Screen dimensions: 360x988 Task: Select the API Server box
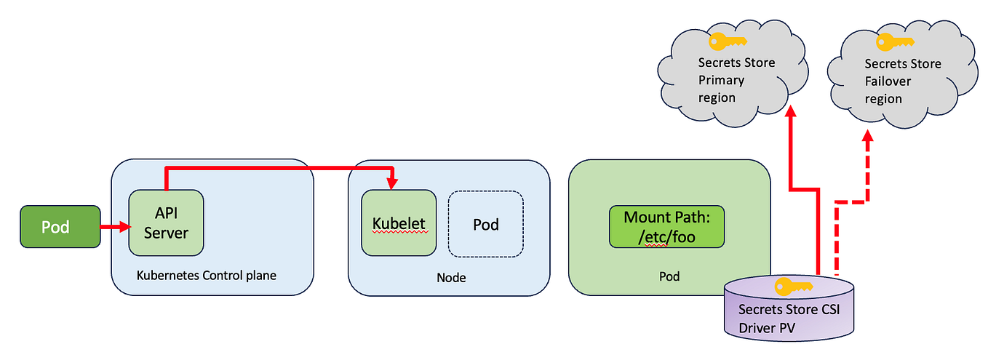166,223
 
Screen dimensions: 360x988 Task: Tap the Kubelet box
399,223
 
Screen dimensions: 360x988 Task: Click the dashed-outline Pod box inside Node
485,224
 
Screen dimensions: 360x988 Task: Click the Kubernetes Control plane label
206,276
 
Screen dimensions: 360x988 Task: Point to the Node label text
451,277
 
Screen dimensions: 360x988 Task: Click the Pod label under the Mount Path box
669,276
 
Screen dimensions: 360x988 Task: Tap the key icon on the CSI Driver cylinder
789,285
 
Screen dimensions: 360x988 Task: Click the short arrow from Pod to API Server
113,228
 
